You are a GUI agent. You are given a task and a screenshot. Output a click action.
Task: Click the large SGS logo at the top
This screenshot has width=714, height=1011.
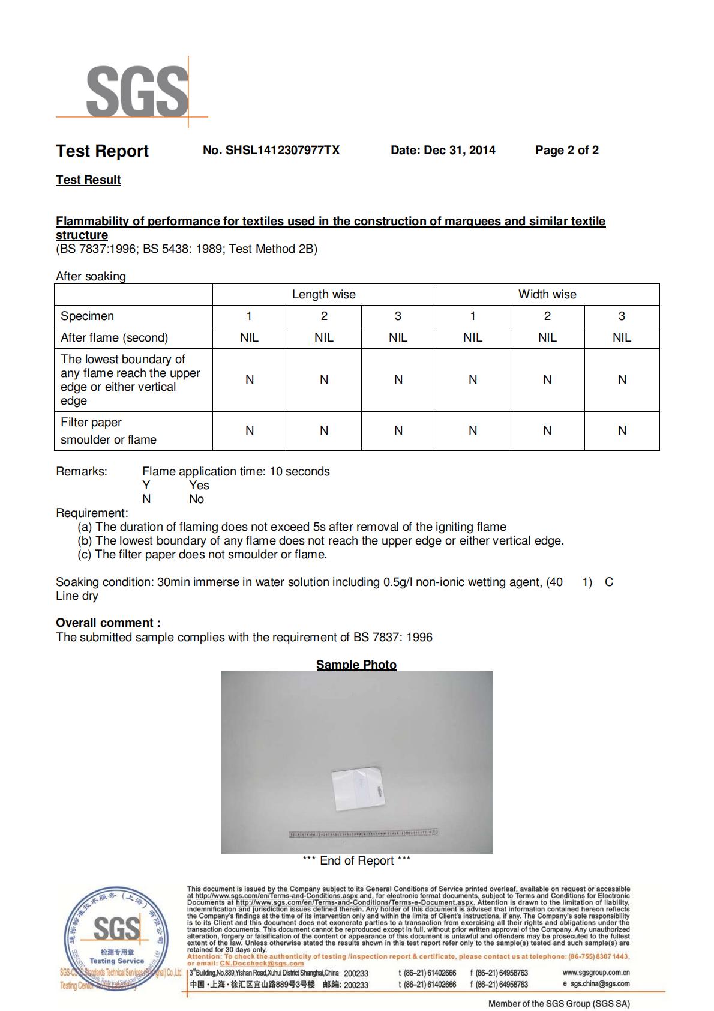tap(137, 91)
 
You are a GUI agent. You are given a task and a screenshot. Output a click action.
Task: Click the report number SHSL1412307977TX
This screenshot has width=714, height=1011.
tap(271, 150)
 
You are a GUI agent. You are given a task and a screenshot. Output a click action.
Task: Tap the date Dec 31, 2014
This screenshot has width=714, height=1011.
tap(443, 150)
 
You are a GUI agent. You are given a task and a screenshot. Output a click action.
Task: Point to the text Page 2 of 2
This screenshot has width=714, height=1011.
tap(566, 150)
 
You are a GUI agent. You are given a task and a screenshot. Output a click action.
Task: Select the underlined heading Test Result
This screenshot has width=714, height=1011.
tap(88, 180)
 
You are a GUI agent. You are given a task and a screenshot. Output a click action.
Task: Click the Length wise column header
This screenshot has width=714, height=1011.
tap(323, 294)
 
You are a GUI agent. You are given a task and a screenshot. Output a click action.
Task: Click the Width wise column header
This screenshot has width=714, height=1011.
tap(547, 294)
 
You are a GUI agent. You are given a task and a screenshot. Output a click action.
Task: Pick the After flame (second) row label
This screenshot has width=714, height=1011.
tap(114, 337)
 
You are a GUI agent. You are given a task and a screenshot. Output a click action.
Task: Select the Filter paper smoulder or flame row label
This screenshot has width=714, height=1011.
tap(108, 430)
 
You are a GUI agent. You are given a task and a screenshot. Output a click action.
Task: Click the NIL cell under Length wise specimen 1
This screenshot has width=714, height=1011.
tap(249, 337)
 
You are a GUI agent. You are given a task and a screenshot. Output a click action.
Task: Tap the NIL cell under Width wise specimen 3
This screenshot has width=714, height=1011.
tap(622, 337)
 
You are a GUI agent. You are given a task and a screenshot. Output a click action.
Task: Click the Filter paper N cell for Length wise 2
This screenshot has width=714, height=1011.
tap(324, 430)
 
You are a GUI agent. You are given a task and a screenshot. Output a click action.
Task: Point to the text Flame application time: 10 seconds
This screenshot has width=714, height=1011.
tap(236, 471)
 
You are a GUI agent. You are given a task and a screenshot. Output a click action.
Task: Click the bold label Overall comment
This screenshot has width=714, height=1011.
tap(108, 623)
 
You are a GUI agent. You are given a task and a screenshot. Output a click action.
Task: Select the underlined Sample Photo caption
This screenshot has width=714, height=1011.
tap(356, 665)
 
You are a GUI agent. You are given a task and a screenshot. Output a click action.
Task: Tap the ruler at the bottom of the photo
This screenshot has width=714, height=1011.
tap(363, 834)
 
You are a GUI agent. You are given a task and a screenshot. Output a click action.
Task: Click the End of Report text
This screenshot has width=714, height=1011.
tap(356, 860)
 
